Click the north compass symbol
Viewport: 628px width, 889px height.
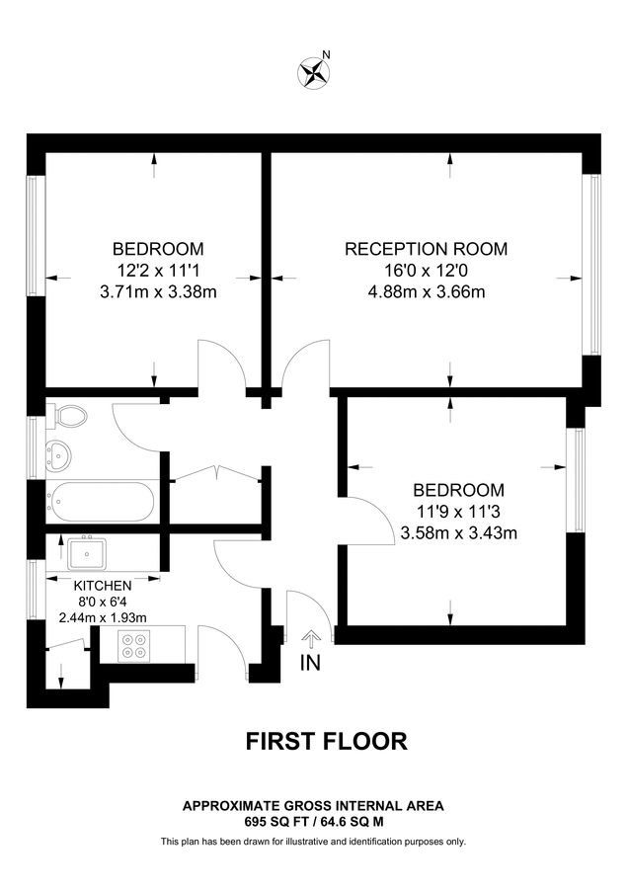point(314,71)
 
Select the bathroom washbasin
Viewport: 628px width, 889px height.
point(56,455)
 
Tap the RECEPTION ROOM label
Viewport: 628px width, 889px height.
point(426,249)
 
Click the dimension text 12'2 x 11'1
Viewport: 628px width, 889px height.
point(158,270)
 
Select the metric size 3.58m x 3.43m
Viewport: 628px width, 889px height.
point(458,533)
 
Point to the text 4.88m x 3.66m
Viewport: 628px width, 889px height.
point(426,292)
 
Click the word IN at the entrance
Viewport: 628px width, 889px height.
point(310,663)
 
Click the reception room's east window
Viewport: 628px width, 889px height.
point(593,264)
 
